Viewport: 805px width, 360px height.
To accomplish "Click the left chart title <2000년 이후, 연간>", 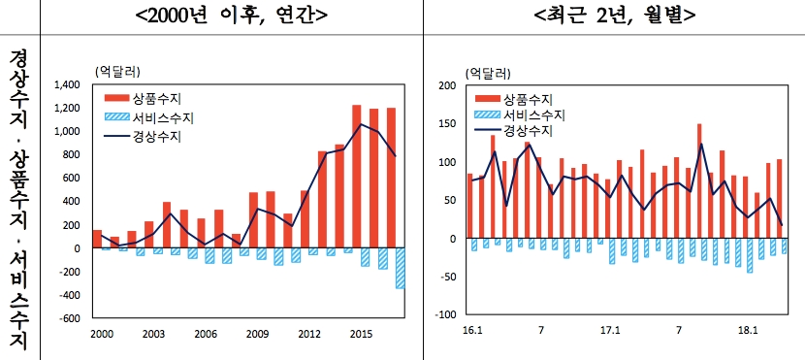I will (230, 16).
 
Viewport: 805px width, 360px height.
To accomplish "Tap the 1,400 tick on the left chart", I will (67, 84).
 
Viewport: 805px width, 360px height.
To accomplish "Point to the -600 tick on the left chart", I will (70, 317).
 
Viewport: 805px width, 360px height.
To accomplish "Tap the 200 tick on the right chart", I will (447, 85).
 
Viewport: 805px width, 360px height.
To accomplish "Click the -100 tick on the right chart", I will (445, 314).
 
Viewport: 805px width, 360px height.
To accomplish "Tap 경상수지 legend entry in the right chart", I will (529, 130).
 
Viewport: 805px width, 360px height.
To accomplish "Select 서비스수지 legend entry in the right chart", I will (534, 115).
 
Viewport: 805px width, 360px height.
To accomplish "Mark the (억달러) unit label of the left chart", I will (117, 71).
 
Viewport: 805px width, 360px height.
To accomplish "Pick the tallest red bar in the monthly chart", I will (699, 180).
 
